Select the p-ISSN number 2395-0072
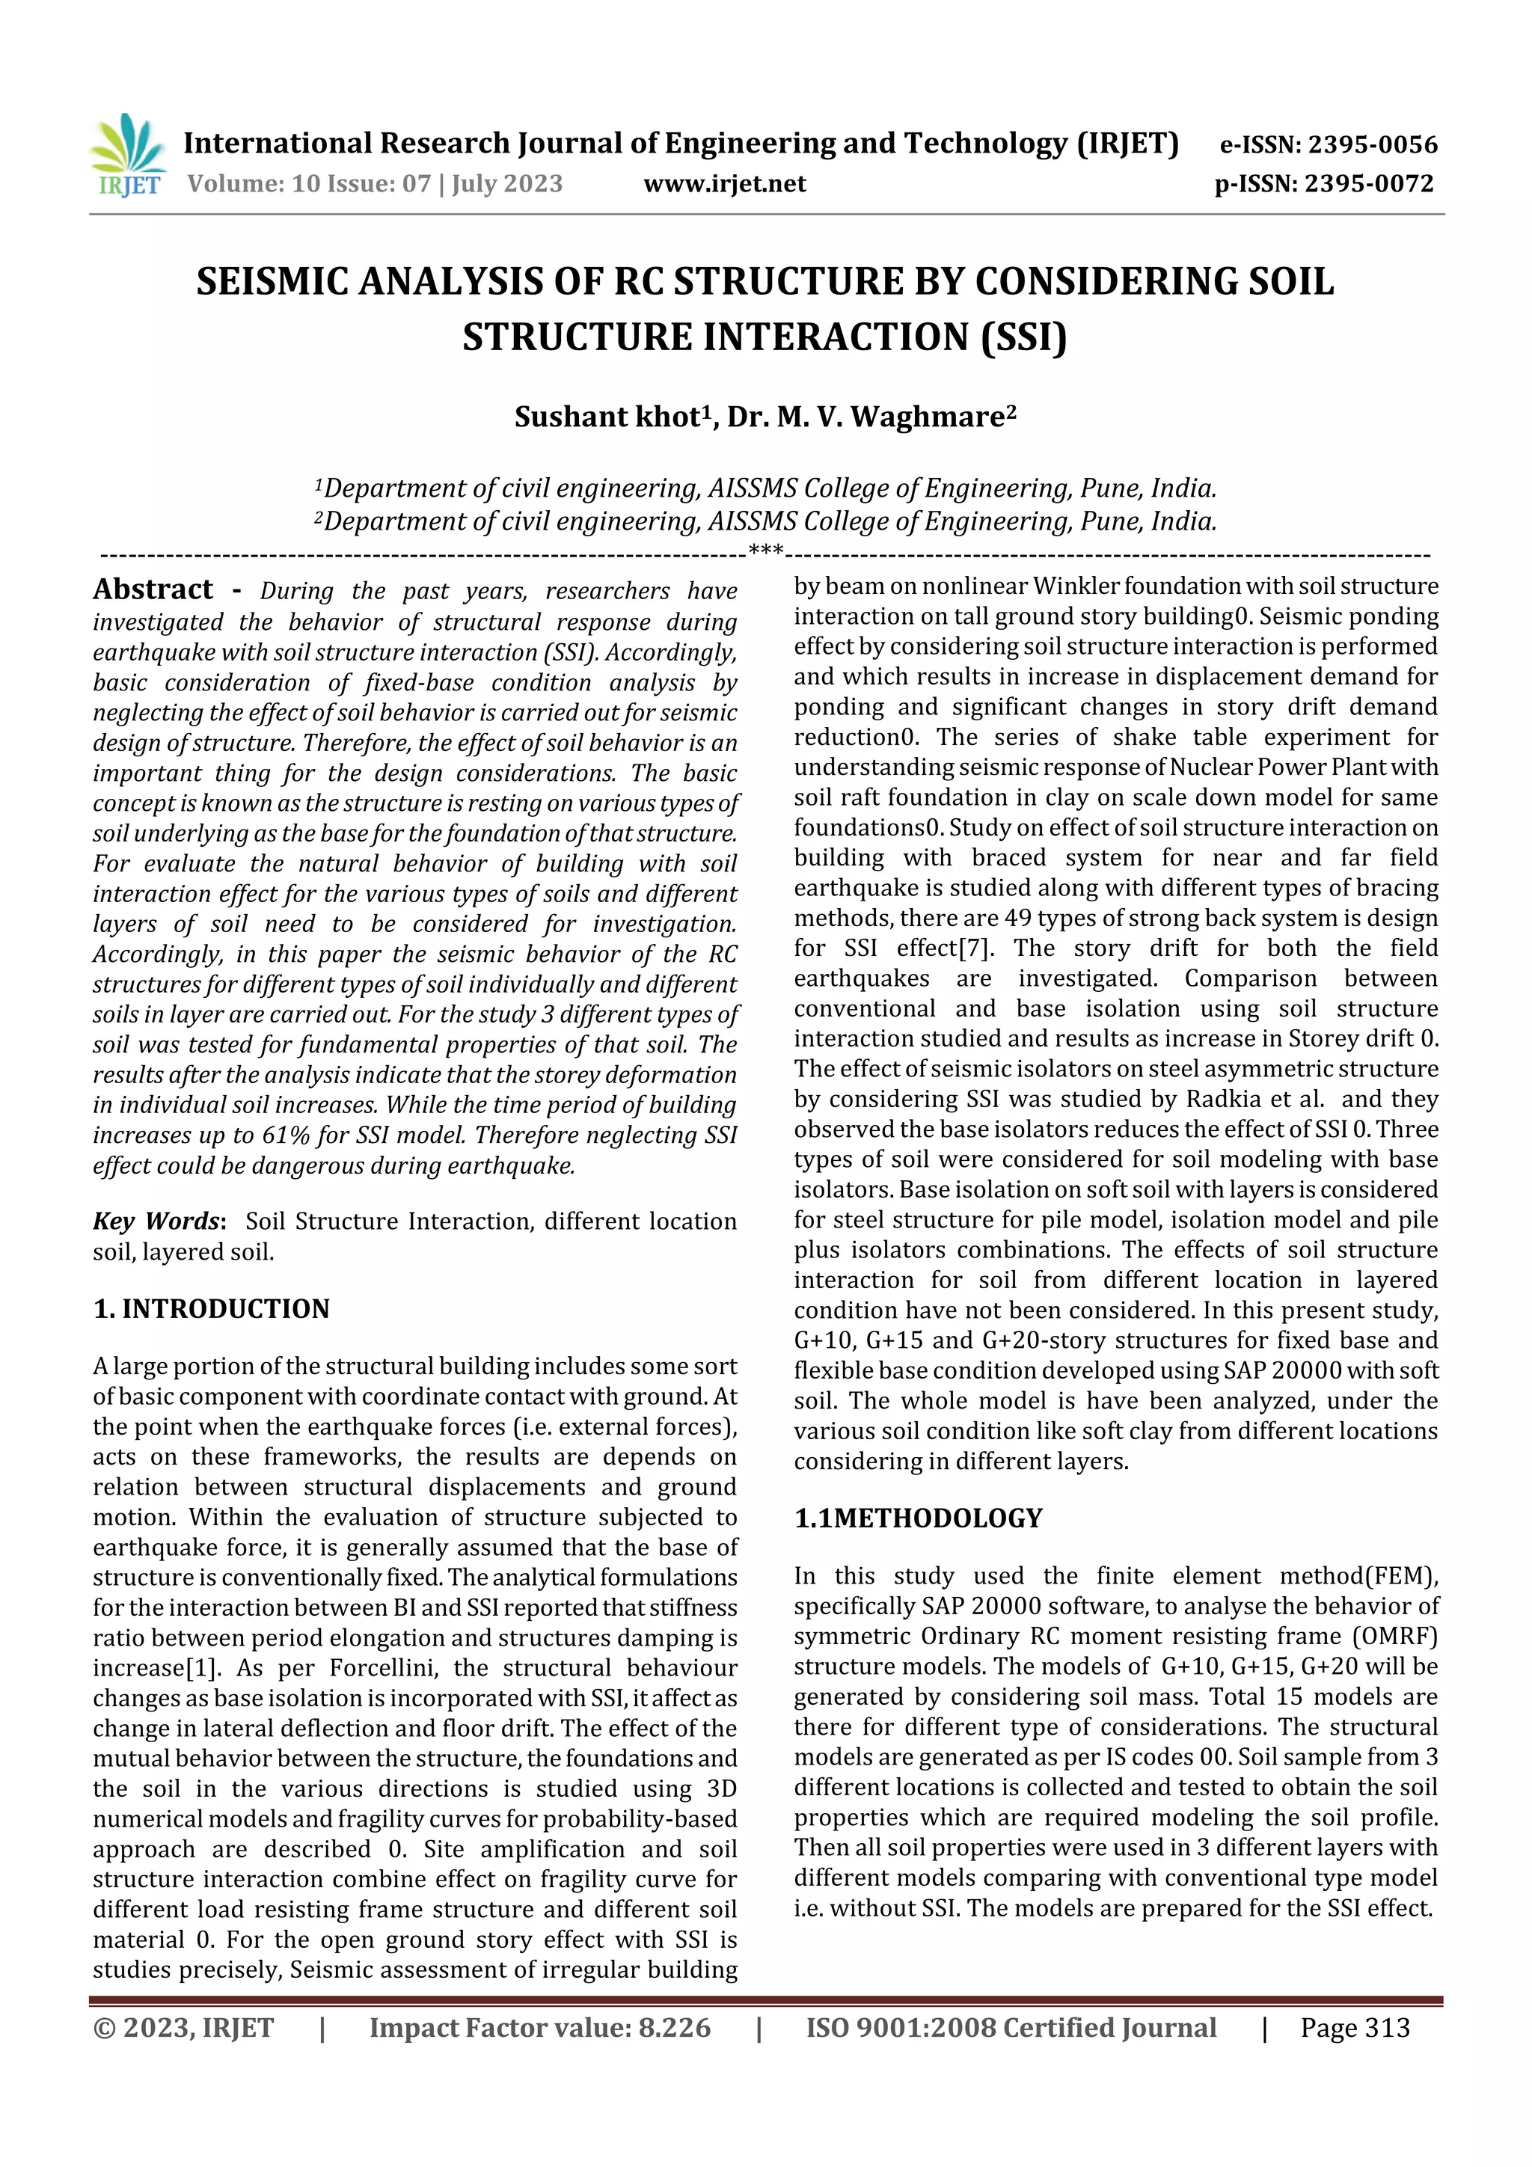pos(1369,183)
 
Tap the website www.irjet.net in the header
pos(724,183)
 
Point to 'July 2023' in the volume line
pos(507,183)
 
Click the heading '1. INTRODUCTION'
pos(212,1309)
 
